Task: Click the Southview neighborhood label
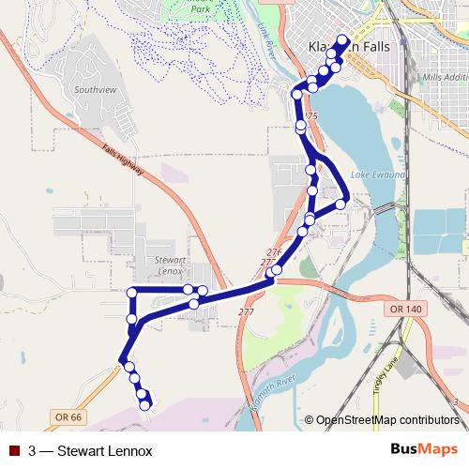click(x=97, y=91)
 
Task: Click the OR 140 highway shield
click(x=405, y=308)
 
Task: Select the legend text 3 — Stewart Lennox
click(x=90, y=451)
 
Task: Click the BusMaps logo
click(x=424, y=449)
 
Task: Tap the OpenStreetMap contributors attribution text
click(x=387, y=419)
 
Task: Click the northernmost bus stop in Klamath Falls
click(x=342, y=40)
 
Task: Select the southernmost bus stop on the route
click(x=146, y=404)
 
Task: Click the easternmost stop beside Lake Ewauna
click(x=341, y=204)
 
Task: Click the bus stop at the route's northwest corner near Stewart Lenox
click(x=132, y=293)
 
